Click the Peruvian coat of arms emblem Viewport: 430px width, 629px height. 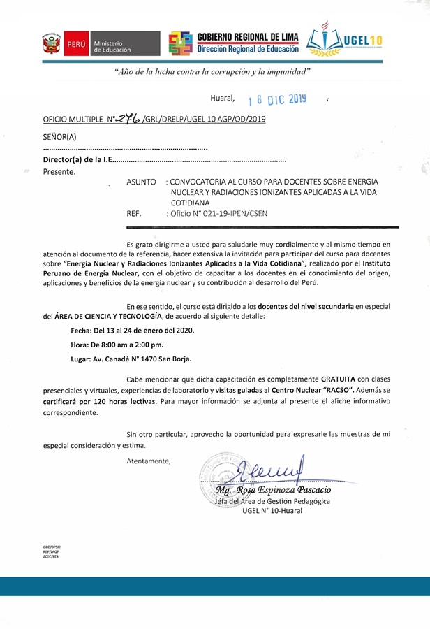(x=52, y=44)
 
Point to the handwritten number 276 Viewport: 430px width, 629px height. (x=128, y=119)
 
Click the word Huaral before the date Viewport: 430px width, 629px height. (x=223, y=99)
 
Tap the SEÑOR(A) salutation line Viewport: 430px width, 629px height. (x=60, y=138)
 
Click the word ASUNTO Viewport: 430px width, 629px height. (x=142, y=181)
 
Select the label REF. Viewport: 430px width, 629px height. (x=134, y=213)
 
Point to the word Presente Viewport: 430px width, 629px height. (x=59, y=171)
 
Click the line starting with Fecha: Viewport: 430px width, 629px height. (x=133, y=330)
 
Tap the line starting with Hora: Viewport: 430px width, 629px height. (x=117, y=344)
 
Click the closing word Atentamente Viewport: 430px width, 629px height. (x=148, y=461)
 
